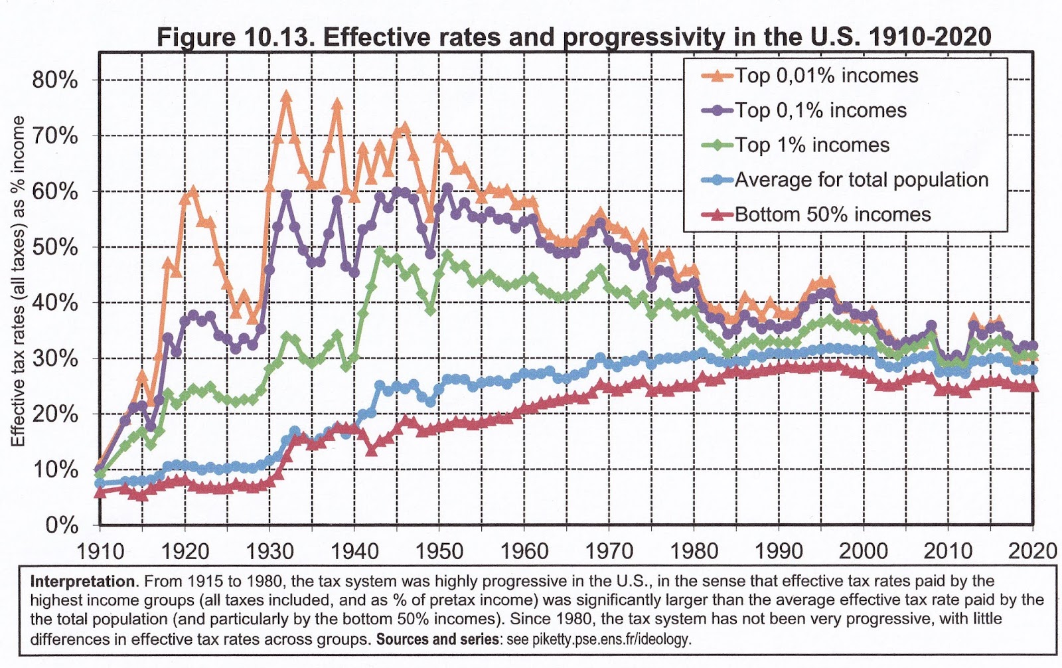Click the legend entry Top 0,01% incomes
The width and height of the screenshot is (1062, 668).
(826, 76)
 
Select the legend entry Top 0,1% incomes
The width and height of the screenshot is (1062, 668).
(820, 110)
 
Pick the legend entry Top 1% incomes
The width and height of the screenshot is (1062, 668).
(812, 145)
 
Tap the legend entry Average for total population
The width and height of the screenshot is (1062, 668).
(861, 180)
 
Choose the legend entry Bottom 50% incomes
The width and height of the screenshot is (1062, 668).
(832, 214)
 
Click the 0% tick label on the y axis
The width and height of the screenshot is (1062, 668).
(62, 525)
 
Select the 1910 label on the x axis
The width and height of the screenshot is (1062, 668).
(100, 550)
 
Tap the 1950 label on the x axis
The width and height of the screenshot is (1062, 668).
(439, 550)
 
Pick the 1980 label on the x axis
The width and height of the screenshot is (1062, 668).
(694, 550)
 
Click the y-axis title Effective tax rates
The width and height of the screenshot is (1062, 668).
(18, 281)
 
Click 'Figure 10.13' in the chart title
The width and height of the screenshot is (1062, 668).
(234, 37)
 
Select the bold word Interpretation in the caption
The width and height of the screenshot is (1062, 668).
(83, 582)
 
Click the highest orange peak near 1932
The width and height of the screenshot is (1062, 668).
(286, 96)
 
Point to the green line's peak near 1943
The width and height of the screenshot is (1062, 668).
(380, 252)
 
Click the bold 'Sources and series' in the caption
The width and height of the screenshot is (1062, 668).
(437, 639)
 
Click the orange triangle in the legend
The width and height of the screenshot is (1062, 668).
(718, 76)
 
